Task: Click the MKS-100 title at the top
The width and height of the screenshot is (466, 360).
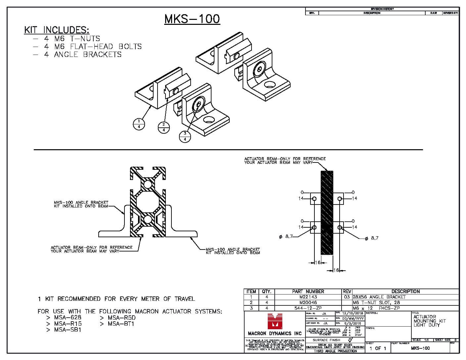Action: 192,19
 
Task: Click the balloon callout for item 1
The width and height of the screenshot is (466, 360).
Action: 139,124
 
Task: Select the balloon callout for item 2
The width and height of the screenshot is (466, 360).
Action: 163,127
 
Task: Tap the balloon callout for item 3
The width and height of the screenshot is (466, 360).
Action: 185,136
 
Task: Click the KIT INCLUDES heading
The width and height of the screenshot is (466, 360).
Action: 57,30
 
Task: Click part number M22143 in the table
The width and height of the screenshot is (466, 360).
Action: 308,297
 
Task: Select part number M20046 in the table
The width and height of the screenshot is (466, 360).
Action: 308,302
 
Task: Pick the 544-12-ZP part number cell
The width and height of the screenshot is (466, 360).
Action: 308,308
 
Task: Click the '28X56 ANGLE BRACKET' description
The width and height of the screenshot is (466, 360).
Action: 379,297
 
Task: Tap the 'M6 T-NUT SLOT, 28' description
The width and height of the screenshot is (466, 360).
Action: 376,302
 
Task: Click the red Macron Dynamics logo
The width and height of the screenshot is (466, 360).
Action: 274,320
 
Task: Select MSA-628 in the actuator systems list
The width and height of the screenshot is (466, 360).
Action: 68,318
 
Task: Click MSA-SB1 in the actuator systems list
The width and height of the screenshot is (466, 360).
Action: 68,330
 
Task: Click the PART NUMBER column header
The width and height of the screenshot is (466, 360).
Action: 308,292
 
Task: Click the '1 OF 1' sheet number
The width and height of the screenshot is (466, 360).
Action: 378,348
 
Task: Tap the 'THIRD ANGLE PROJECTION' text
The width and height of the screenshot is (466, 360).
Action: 335,351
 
